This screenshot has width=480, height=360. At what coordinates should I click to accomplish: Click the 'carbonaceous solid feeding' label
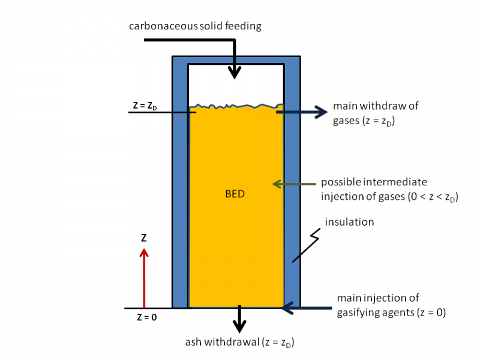pos(195,26)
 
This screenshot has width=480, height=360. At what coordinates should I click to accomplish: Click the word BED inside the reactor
pos(236,194)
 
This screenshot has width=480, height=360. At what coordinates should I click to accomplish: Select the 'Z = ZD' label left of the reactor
pos(145,106)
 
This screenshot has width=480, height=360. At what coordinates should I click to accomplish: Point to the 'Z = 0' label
pos(146,317)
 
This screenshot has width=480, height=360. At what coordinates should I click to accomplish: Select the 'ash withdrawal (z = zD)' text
pos(239,343)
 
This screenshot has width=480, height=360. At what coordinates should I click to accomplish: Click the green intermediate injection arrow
pos(294,184)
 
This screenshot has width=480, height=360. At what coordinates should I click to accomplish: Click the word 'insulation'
pos(349,222)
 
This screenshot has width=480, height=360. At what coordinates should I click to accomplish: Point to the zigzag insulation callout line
pos(305,246)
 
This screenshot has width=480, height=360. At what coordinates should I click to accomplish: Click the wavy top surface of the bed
pos(236,107)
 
